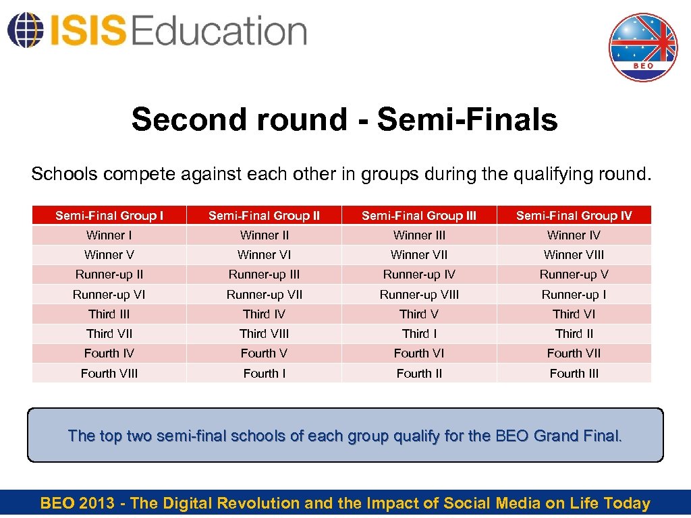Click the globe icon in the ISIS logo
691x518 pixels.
(24, 30)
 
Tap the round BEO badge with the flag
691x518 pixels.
(642, 47)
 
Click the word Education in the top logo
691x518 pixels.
(220, 31)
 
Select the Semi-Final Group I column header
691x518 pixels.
(109, 216)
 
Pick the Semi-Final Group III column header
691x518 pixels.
(419, 216)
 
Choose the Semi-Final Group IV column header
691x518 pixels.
(574, 216)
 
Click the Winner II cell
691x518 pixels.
(265, 235)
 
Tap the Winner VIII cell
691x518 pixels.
(574, 255)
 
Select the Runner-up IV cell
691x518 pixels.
(419, 275)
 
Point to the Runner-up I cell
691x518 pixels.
(574, 295)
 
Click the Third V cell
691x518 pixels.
(419, 314)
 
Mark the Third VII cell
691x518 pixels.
(109, 334)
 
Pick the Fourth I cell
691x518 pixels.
(265, 374)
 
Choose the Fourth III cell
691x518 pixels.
(574, 374)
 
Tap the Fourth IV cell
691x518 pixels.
(109, 353)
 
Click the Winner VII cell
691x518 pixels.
(419, 255)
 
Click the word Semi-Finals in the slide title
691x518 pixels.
(467, 120)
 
